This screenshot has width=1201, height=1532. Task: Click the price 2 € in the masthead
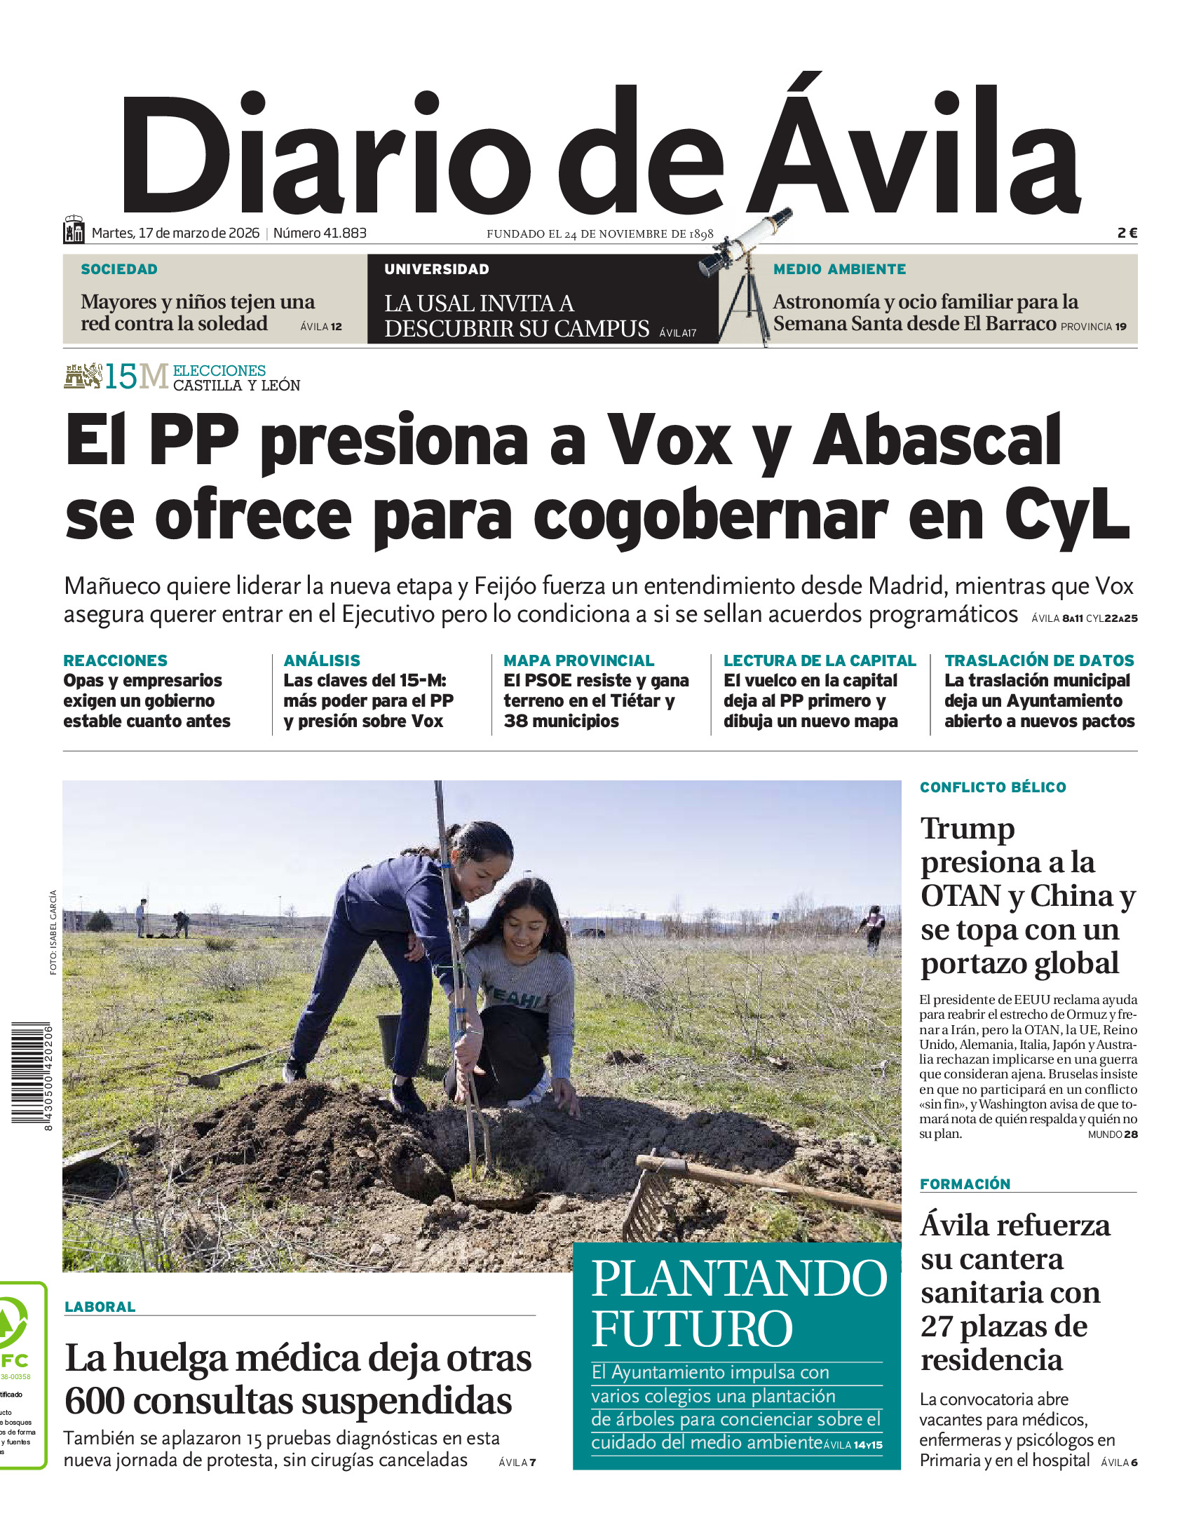tap(1127, 233)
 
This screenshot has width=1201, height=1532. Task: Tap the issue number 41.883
tap(320, 233)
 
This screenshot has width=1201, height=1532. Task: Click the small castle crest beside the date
tap(73, 230)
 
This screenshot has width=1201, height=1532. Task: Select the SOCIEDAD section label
tap(118, 269)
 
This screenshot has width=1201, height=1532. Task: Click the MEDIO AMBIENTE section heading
tap(839, 269)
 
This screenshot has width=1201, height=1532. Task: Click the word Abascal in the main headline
tap(937, 441)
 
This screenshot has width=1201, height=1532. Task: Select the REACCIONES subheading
tap(115, 660)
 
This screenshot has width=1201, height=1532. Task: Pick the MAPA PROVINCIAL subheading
tap(578, 660)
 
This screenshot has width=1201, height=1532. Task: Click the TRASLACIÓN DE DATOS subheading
tap(1038, 660)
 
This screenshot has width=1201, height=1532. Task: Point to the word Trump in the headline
tap(968, 828)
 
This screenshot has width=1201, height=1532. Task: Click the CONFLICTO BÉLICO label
tap(992, 787)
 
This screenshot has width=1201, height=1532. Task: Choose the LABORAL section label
tap(100, 1306)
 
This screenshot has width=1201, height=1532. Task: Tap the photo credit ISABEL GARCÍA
tap(53, 933)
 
